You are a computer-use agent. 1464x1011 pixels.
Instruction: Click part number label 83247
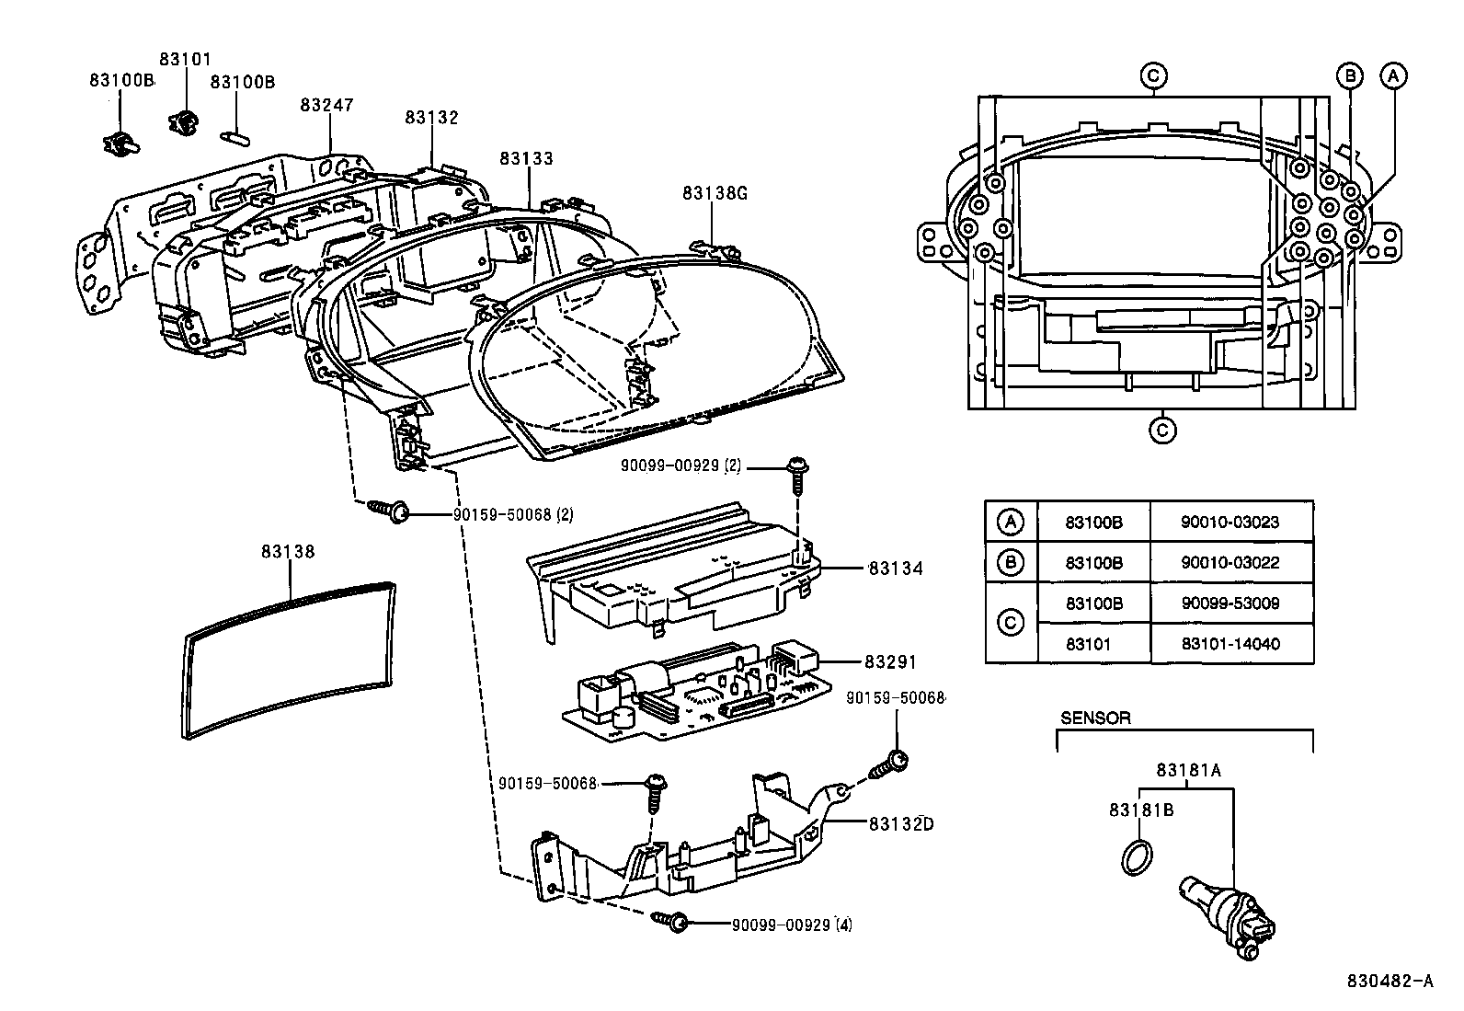point(326,106)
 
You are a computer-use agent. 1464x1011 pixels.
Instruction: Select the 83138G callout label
point(715,193)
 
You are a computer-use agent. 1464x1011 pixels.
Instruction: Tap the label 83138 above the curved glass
point(288,552)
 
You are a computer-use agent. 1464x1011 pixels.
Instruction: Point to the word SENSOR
point(1095,718)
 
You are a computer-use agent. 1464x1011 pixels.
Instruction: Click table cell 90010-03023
point(1230,523)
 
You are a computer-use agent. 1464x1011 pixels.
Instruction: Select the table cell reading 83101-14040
point(1230,644)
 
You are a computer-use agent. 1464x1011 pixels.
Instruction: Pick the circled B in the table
point(1010,563)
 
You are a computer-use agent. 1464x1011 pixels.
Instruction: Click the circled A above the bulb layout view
point(1392,76)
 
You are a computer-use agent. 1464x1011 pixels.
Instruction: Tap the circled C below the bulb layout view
point(1162,430)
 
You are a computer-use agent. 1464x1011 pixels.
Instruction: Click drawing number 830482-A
point(1391,982)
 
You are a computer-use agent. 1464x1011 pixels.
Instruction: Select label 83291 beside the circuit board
point(890,662)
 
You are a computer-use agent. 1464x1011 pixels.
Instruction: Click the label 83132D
point(900,824)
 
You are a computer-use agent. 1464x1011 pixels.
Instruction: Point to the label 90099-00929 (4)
point(792,925)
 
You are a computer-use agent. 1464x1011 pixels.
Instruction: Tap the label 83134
point(895,569)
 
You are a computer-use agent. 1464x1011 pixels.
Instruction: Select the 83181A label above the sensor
point(1188,771)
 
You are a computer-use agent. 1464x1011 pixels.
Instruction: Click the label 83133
point(527,159)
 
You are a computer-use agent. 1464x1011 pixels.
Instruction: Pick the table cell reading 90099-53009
point(1230,603)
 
